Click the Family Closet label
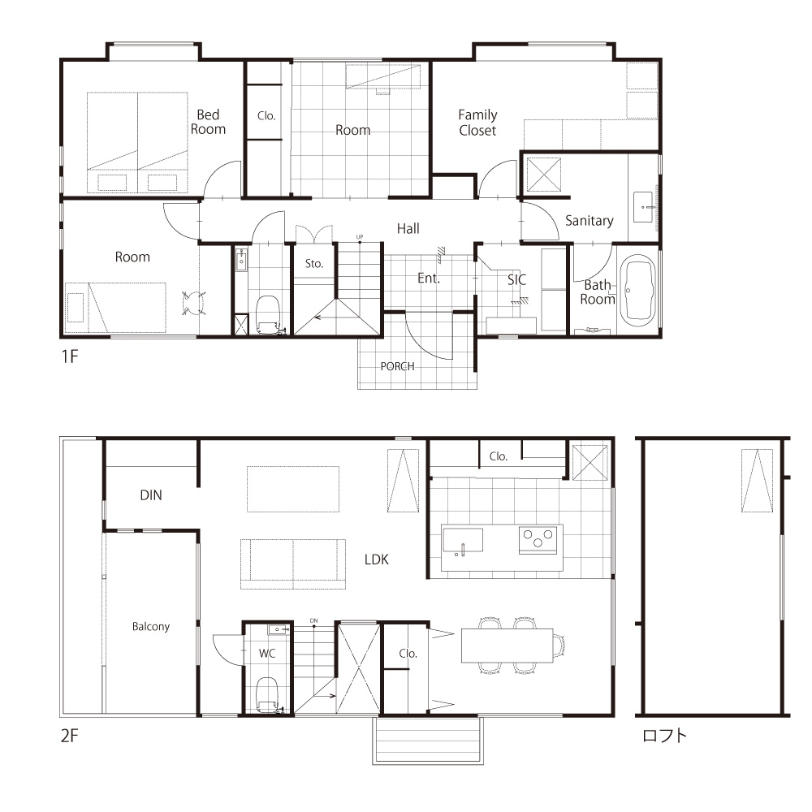coord(477,123)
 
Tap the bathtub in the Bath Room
coord(638,290)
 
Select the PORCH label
coord(397,366)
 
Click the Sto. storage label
coord(313,264)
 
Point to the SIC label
coord(516,279)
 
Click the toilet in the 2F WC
coord(268,694)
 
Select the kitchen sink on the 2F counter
coord(463,541)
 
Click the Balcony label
coord(151,627)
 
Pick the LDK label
coord(377,559)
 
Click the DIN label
coord(151,495)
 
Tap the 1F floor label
coord(70,356)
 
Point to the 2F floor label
coord(70,736)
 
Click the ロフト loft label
coord(664,736)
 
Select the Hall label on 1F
coord(408,228)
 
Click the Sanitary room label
coord(590,221)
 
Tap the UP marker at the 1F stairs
coord(360,237)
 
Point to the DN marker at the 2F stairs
coord(313,620)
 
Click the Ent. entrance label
coord(429,278)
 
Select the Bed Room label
coord(208,122)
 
